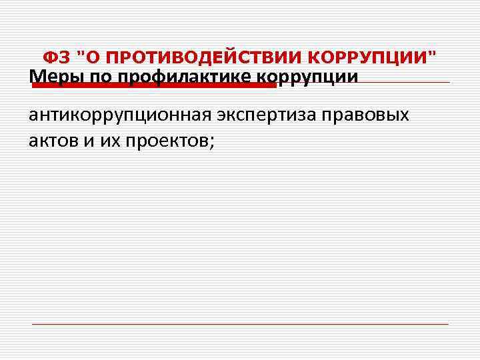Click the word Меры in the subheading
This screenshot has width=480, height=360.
click(56, 77)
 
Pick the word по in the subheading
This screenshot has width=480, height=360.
click(100, 77)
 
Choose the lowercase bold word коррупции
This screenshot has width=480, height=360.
click(307, 77)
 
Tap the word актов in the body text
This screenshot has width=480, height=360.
click(53, 140)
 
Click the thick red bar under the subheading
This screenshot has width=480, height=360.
click(153, 85)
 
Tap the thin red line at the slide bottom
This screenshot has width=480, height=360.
click(240, 325)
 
